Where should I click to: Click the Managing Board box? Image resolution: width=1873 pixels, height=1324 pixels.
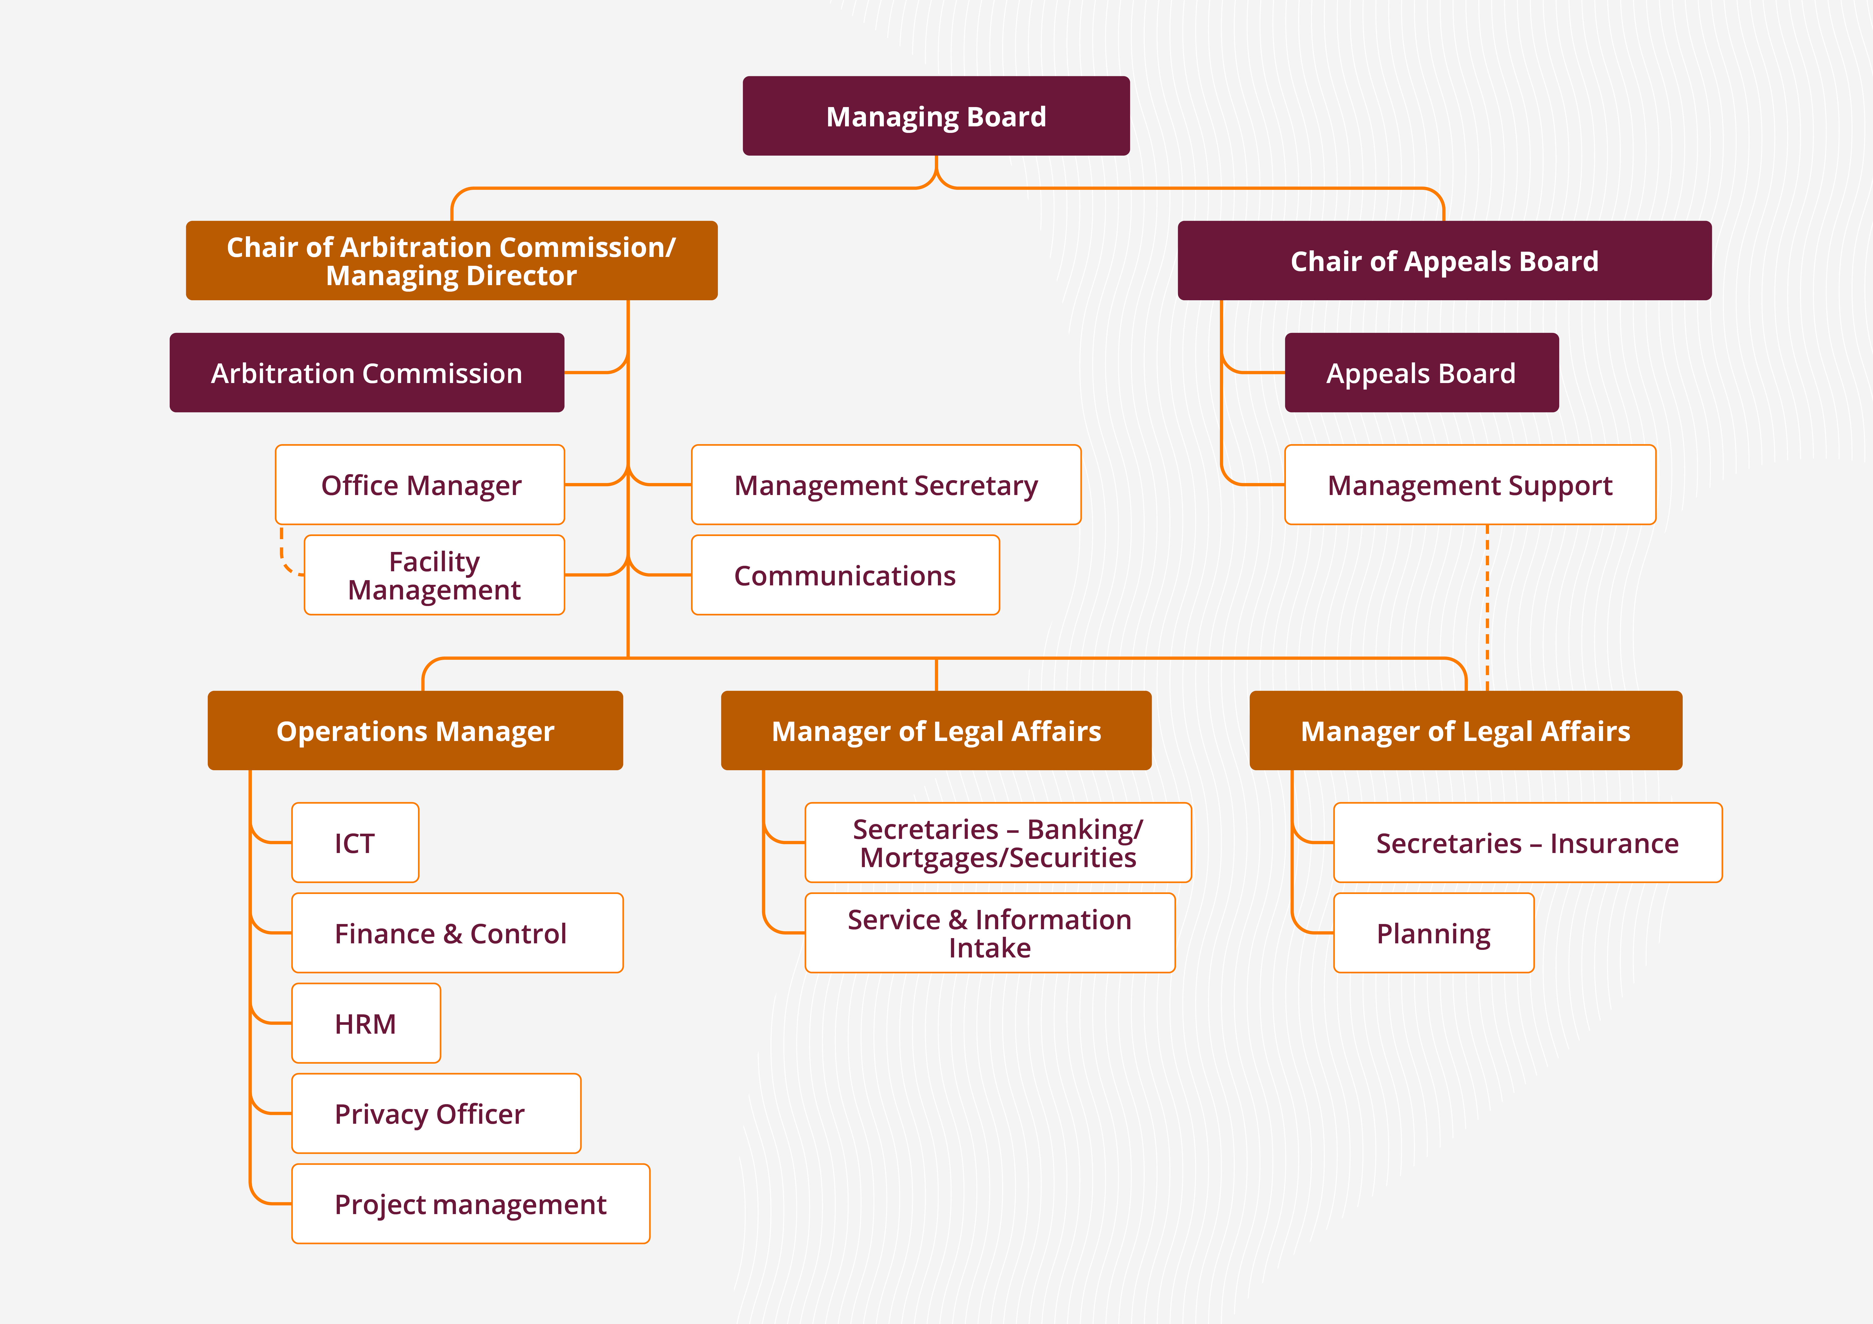coord(936,116)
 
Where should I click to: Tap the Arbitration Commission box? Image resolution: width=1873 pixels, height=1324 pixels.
coord(366,373)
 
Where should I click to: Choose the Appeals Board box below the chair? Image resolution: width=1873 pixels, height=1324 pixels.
coord(1421,373)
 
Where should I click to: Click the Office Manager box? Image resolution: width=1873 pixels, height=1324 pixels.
coord(420,485)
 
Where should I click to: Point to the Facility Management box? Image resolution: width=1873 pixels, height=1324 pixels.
coord(434,575)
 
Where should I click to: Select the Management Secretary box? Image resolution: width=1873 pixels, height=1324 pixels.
coord(886,485)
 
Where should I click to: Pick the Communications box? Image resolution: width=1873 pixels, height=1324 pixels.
coord(845,575)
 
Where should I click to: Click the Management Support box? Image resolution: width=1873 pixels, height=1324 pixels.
coord(1470,485)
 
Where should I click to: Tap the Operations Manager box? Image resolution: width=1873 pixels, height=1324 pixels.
coord(415,731)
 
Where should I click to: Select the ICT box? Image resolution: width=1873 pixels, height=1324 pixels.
coord(355,843)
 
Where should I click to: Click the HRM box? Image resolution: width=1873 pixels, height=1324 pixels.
coord(365,1023)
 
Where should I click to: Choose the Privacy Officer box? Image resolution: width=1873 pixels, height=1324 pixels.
coord(436,1114)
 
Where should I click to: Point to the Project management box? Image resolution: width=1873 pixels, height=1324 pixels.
coord(471,1204)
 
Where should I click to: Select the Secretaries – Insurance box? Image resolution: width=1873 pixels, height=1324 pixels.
coord(1527,843)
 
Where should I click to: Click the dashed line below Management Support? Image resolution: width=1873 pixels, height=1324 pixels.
coord(1487,608)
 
